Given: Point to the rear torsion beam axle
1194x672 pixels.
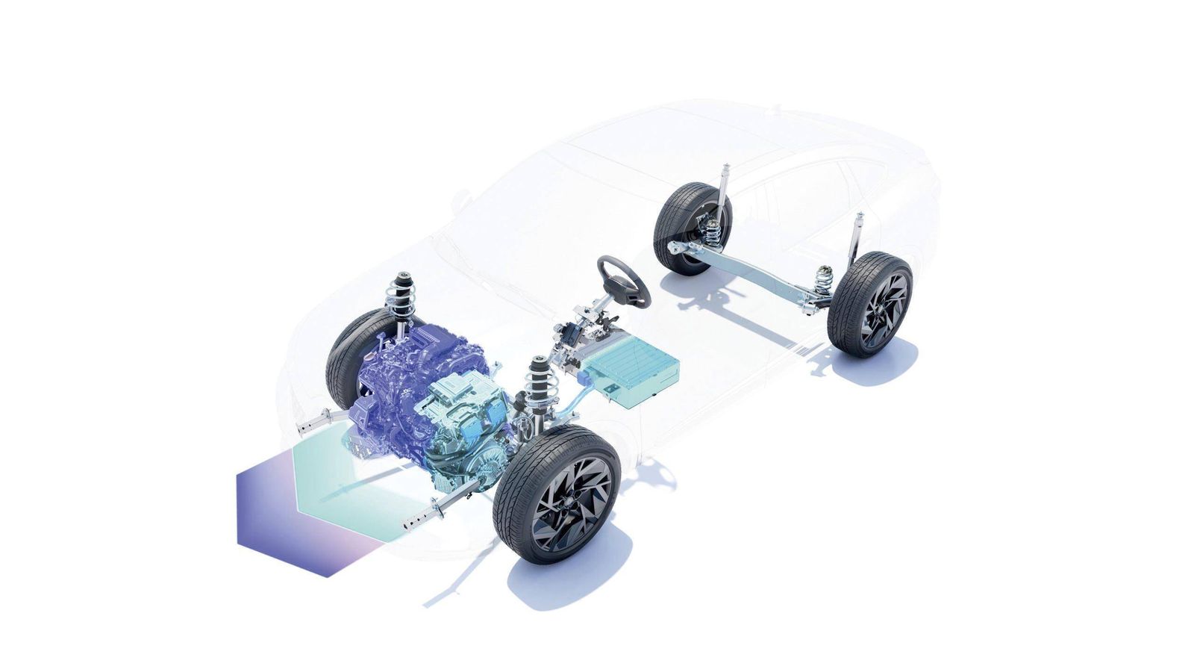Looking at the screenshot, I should [x=754, y=273].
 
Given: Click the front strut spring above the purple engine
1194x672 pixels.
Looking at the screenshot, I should [x=401, y=299].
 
